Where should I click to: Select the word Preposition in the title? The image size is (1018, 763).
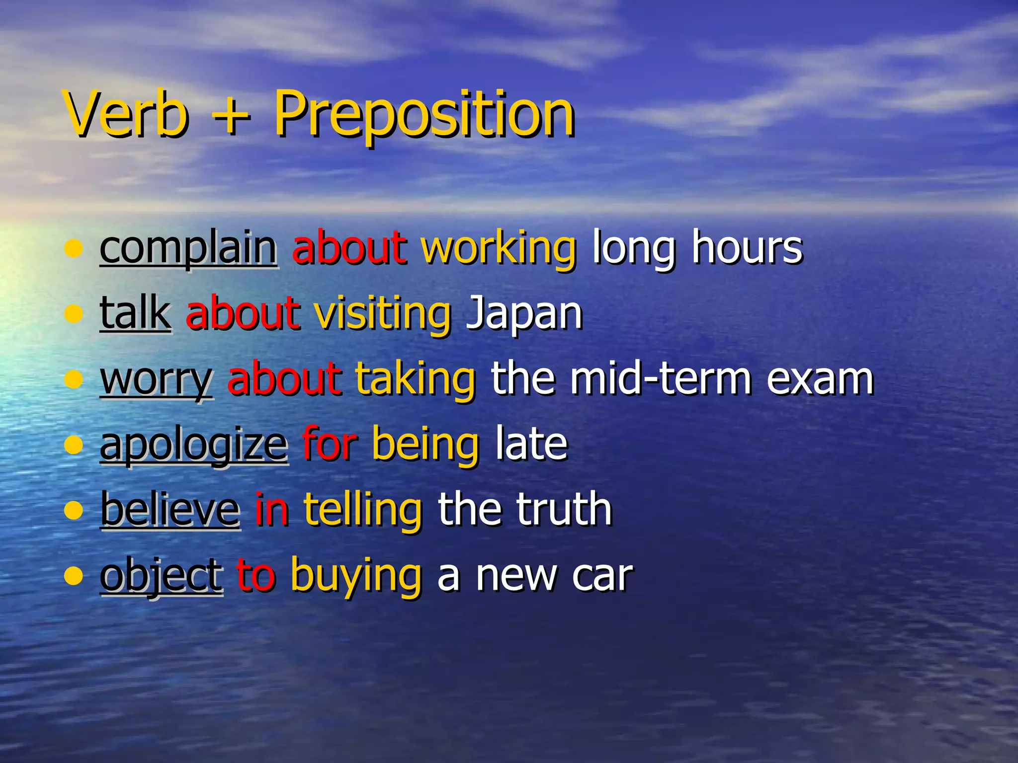tap(424, 115)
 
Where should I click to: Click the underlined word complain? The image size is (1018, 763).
tap(188, 248)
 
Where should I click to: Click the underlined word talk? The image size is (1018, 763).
tap(135, 313)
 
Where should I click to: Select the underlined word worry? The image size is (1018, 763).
tap(156, 381)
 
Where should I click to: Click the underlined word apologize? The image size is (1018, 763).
tap(193, 446)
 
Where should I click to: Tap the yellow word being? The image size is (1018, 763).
tap(425, 446)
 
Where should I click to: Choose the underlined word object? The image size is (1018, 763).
tap(161, 576)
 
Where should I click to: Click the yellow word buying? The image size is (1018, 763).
tap(356, 576)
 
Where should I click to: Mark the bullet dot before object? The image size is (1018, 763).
tap(73, 576)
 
